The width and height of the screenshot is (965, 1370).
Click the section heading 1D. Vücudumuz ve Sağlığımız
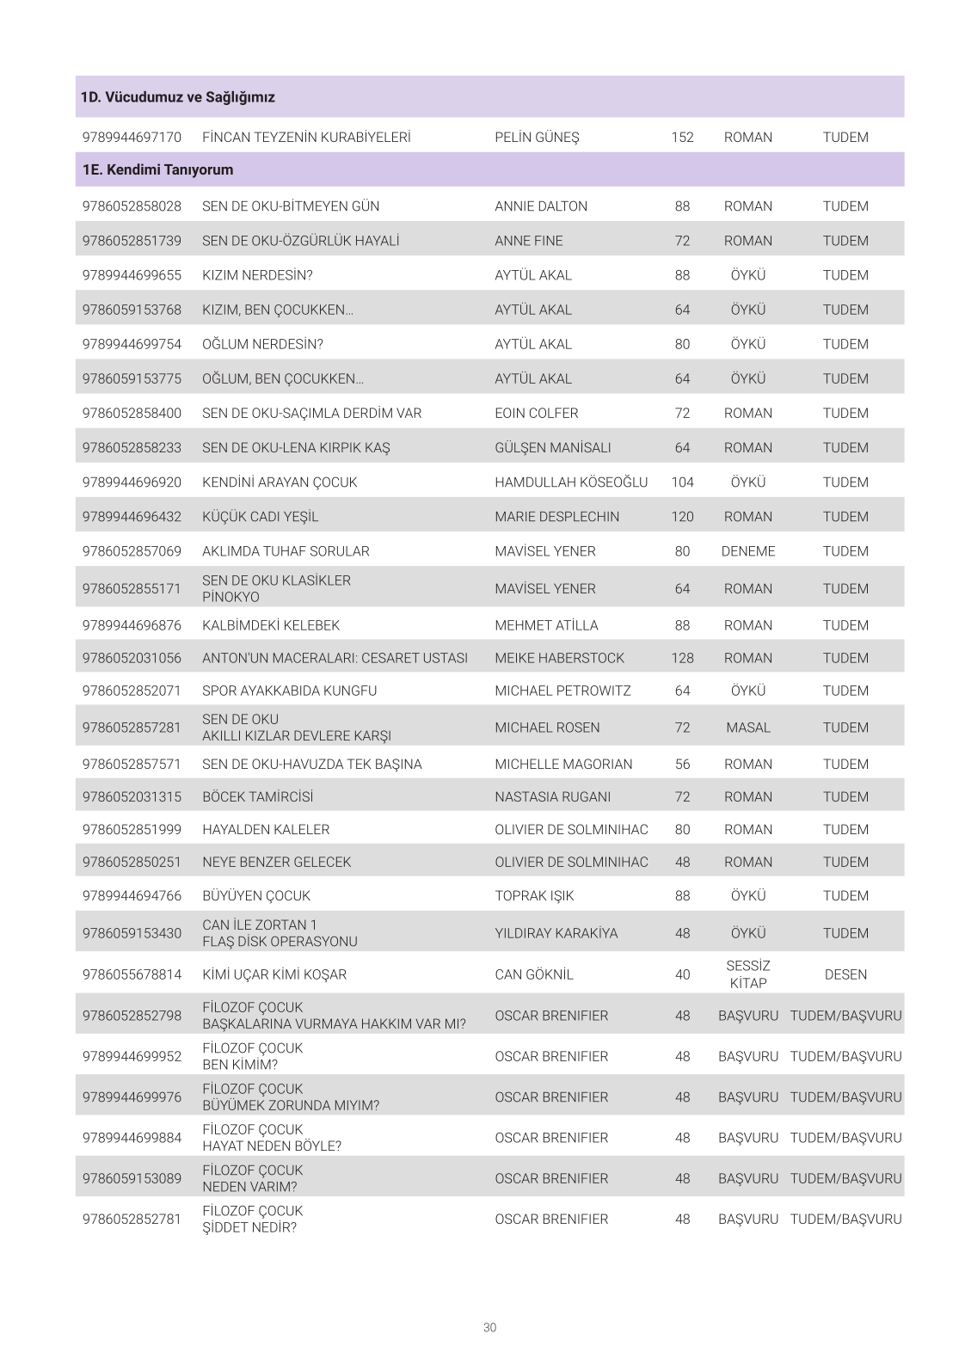pyautogui.click(x=178, y=97)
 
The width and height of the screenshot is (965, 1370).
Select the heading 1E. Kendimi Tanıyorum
pyautogui.click(x=157, y=169)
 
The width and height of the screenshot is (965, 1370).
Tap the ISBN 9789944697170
pyautogui.click(x=132, y=137)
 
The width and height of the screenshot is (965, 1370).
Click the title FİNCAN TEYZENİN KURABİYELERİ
pyautogui.click(x=306, y=137)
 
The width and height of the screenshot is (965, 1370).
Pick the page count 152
pyautogui.click(x=682, y=137)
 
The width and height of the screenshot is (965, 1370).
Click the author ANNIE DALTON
pyautogui.click(x=541, y=206)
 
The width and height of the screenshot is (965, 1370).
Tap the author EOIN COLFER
pyautogui.click(x=537, y=413)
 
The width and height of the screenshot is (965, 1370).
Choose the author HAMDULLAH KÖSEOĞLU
pyautogui.click(x=571, y=482)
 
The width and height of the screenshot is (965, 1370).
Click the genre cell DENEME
pyautogui.click(x=747, y=551)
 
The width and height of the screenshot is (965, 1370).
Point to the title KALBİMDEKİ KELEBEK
pyautogui.click(x=271, y=625)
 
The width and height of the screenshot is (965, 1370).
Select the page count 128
pyautogui.click(x=682, y=658)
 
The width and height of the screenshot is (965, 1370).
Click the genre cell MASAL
pyautogui.click(x=747, y=728)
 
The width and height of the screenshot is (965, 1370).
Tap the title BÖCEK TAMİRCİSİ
pyautogui.click(x=258, y=796)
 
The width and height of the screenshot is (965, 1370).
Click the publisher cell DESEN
pyautogui.click(x=845, y=974)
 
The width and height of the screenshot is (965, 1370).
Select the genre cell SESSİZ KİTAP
pyautogui.click(x=747, y=974)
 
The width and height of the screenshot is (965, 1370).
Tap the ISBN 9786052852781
pyautogui.click(x=132, y=1219)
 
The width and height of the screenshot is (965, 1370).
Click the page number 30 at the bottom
pyautogui.click(x=489, y=1327)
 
